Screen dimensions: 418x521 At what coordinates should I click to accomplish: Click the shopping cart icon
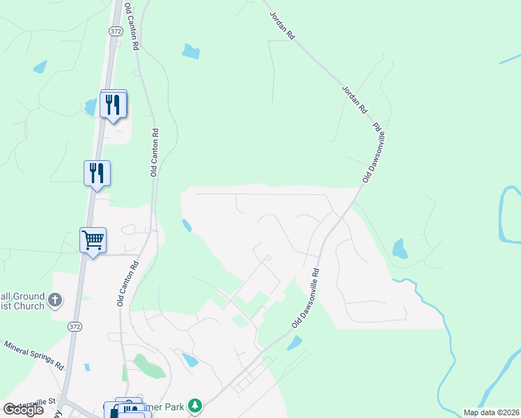[x=93, y=240]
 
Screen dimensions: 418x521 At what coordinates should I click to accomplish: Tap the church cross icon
[x=55, y=302]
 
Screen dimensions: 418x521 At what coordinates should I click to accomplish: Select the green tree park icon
[x=196, y=405]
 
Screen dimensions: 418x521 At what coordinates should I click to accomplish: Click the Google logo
[x=24, y=410]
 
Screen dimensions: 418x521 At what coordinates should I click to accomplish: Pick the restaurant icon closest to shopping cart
[x=97, y=173]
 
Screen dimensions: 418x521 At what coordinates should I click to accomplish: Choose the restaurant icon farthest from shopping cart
[x=114, y=104]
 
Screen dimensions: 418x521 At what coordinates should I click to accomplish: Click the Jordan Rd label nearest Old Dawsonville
[x=354, y=100]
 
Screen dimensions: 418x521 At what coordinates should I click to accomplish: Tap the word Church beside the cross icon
[x=30, y=307]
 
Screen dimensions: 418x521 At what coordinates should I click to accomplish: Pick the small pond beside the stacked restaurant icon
[x=90, y=107]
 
